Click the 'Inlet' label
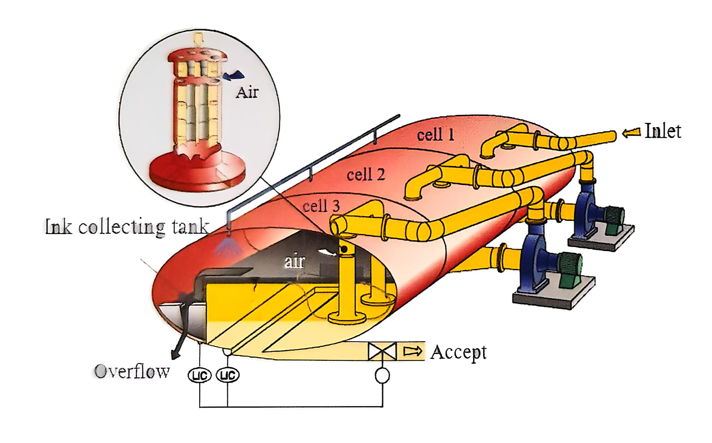(662, 131)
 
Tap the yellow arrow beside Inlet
(631, 132)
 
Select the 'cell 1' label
(435, 135)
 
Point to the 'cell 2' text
(366, 174)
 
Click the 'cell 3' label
(321, 206)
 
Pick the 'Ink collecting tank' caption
(127, 227)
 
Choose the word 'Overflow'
(132, 371)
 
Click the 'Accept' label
(458, 352)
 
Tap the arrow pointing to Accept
(413, 351)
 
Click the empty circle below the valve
(382, 375)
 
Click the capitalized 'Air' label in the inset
(247, 92)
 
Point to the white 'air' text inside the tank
(295, 261)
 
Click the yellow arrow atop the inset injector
(198, 39)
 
